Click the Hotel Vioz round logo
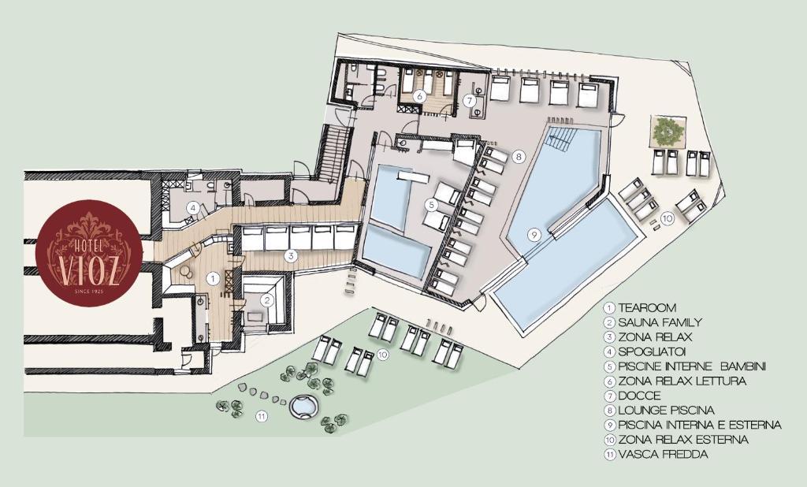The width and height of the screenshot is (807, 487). [x=89, y=252]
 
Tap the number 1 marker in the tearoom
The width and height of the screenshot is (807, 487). [x=211, y=278]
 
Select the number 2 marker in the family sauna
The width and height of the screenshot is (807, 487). [x=266, y=299]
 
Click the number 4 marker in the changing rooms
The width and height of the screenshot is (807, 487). [x=193, y=209]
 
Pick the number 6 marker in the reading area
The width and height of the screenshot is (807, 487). [x=419, y=95]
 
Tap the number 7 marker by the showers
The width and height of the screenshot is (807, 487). [x=470, y=101]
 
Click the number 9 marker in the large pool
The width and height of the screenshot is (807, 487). [x=534, y=235]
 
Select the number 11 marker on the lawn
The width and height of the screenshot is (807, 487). [x=262, y=416]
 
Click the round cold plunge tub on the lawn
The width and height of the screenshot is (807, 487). [x=304, y=407]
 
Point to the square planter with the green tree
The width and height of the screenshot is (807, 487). [x=668, y=131]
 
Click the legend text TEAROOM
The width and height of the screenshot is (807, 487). [x=648, y=308]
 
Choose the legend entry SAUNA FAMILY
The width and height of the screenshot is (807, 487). [x=660, y=323]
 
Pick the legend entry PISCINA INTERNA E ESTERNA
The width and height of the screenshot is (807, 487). [x=700, y=426]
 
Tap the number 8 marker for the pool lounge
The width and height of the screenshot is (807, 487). [x=519, y=155]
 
